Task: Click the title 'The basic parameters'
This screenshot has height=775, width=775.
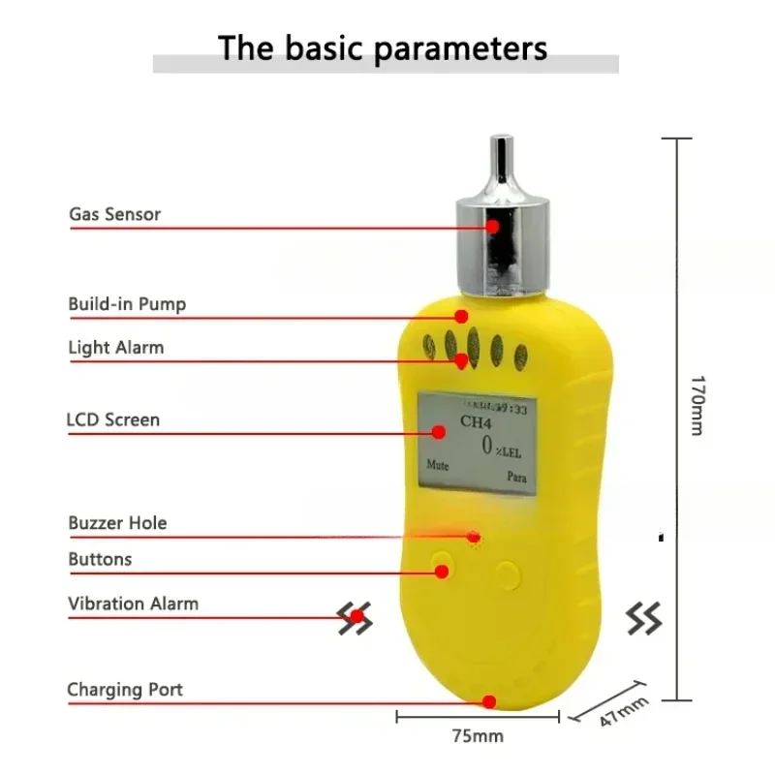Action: point(383,46)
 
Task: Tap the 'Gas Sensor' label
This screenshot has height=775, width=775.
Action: point(114,213)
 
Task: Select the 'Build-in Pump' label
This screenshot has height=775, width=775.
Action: point(127,304)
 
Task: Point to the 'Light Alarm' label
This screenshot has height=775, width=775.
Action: point(116,347)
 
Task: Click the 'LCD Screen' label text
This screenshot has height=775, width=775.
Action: point(112,420)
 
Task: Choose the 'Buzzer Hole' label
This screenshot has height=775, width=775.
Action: point(117,523)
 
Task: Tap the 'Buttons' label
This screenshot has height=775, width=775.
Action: point(100,559)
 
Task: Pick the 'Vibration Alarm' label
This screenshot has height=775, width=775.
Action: point(133,604)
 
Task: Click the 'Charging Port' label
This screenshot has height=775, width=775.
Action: point(125,690)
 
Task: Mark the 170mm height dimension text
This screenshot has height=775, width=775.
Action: point(696,404)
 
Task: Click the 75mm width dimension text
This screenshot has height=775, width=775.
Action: point(478,736)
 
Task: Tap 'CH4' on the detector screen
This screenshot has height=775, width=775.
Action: point(476,422)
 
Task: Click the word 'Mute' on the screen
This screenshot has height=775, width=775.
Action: point(438,464)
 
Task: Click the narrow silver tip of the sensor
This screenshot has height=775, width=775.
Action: point(502,159)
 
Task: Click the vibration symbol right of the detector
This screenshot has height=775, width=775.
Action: point(643,617)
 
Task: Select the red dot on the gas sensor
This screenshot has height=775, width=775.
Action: point(493,226)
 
